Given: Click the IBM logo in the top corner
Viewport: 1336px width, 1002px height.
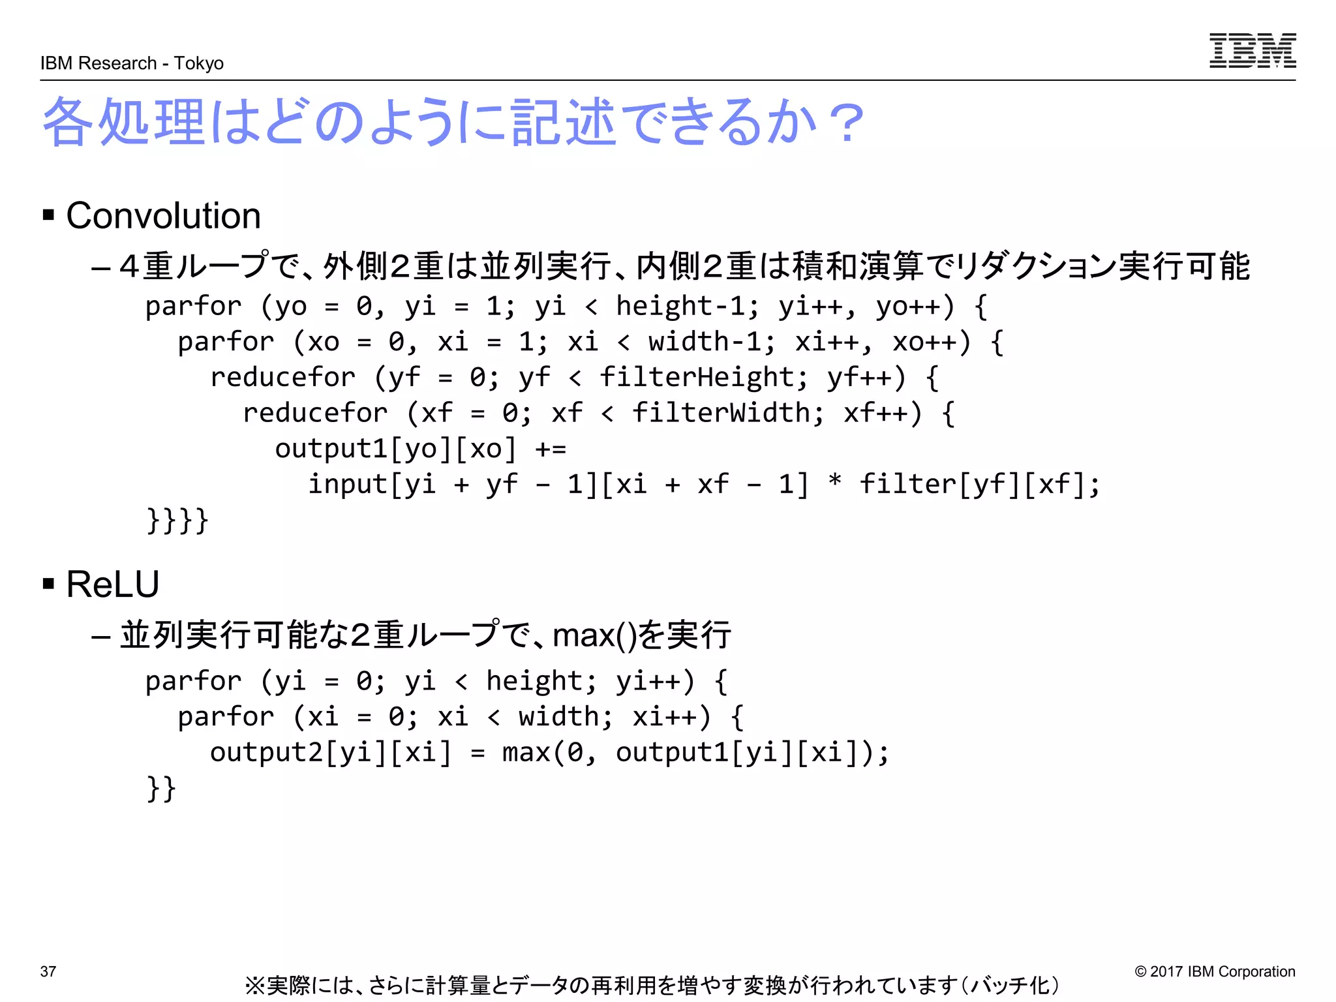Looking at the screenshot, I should (1252, 50).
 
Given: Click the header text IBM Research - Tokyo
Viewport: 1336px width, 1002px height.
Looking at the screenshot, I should (132, 63).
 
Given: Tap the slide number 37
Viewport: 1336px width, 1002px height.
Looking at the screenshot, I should (48, 971).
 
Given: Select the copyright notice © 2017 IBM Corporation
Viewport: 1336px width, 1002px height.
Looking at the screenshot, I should (1215, 971).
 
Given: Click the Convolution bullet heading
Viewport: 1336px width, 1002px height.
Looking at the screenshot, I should (163, 216).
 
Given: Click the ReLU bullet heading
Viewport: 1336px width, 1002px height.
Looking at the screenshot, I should (112, 584).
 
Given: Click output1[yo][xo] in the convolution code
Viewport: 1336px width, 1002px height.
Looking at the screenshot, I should (395, 449).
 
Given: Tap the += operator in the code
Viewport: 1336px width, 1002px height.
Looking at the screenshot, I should (551, 449).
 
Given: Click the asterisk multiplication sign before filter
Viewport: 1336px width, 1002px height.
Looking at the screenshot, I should (834, 483).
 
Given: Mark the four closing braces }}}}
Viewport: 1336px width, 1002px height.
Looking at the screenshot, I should (177, 521).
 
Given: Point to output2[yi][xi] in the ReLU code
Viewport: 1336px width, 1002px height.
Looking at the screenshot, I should (330, 753).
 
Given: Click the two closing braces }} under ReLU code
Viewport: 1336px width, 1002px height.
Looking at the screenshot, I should (161, 789).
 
